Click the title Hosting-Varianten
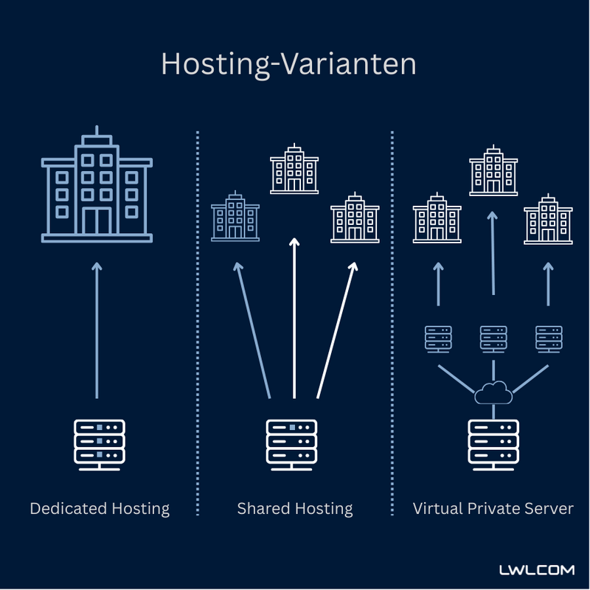coord(288,65)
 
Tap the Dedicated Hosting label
coord(100,509)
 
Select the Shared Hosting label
coord(295,509)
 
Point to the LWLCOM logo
coord(536,570)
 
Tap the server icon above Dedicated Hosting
coord(100,445)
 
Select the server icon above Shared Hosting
coord(291,445)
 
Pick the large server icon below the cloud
coord(493,445)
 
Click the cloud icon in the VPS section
coord(493,392)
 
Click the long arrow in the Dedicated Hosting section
coord(97,332)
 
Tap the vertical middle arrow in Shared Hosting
coord(294,317)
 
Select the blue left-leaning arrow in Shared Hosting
coord(252,332)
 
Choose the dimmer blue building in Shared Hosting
coord(235,217)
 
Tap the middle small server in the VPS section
coord(493,338)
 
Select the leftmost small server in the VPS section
coord(437,338)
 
